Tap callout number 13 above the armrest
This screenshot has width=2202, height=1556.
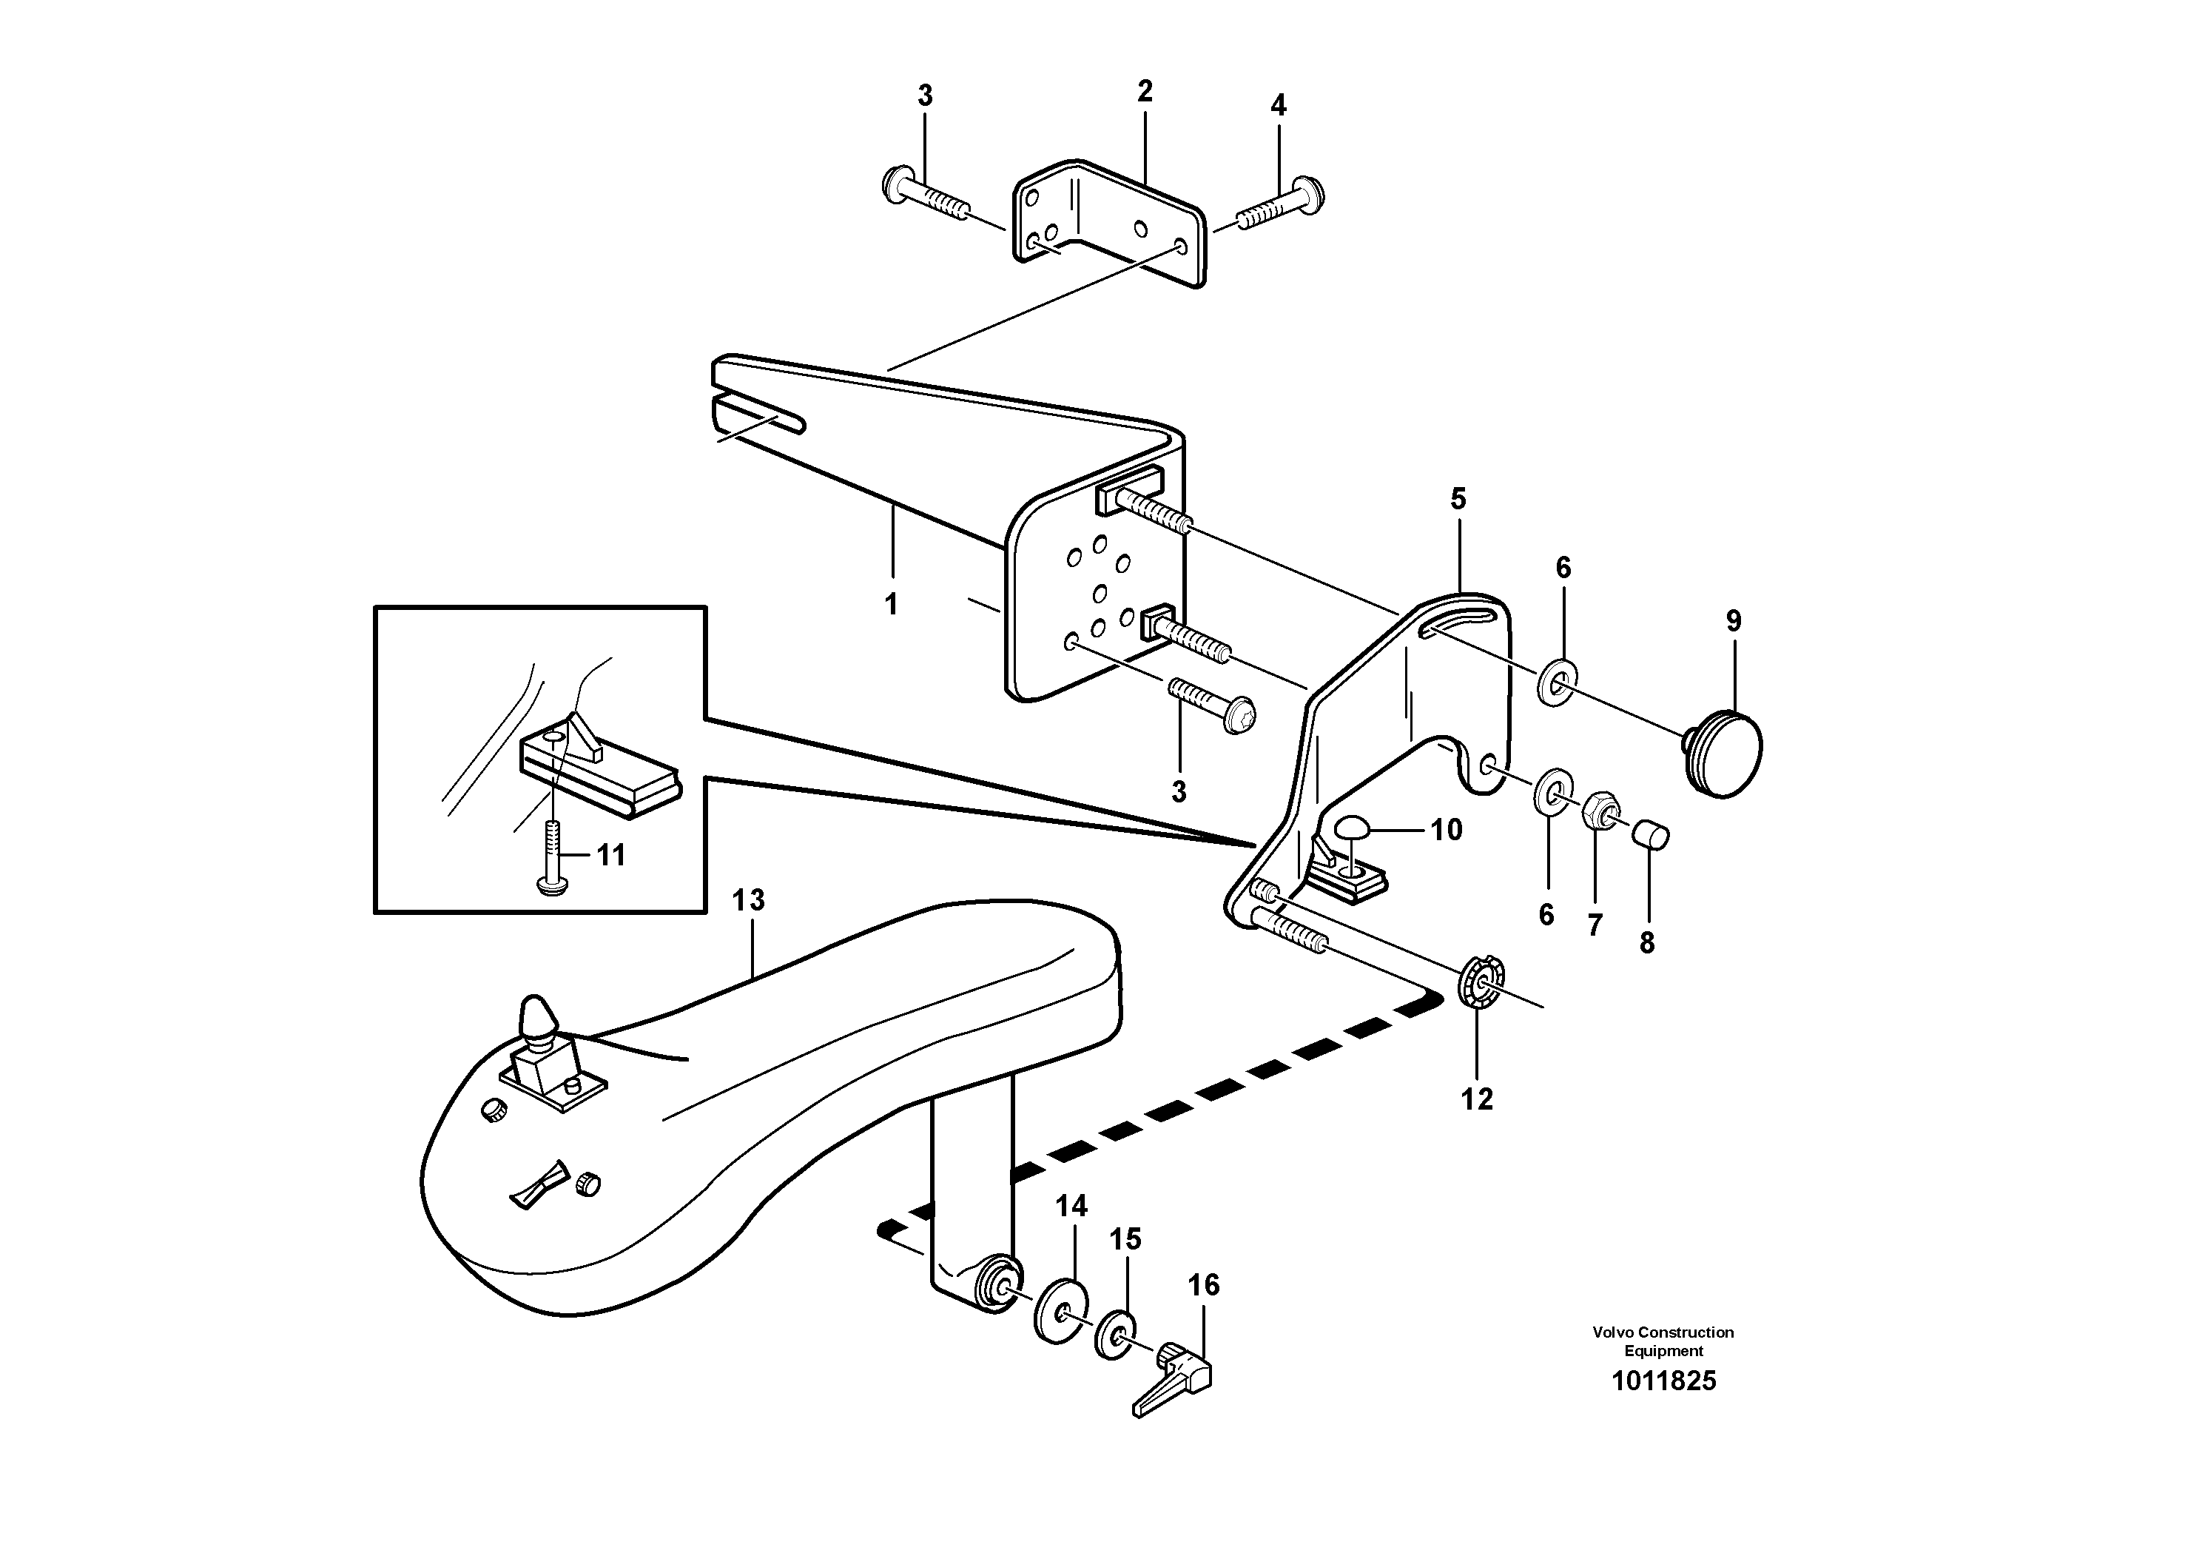(748, 900)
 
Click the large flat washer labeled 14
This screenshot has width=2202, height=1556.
(1058, 1310)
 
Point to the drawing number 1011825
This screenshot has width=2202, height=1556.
(1663, 1381)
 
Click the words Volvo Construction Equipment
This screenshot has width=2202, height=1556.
(1663, 1341)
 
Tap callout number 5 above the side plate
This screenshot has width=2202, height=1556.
(1458, 499)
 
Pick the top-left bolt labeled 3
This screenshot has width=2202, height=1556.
(923, 198)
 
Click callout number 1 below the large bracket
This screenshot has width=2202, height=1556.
(891, 604)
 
